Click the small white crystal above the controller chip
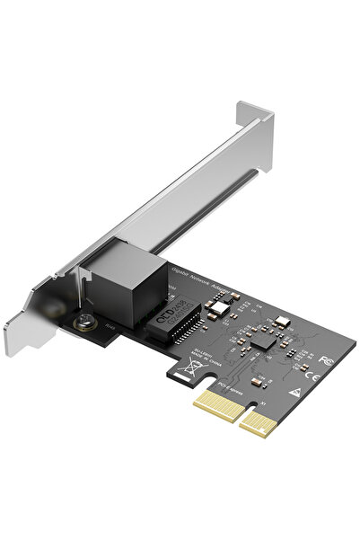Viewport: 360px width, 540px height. (x=279, y=321)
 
